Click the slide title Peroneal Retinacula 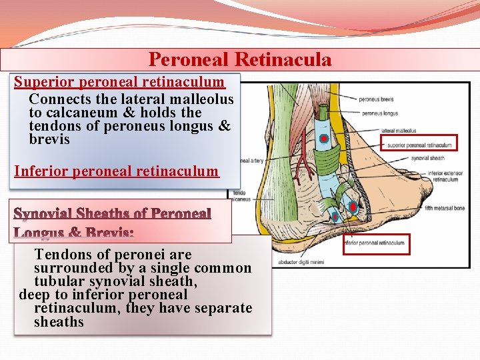[239, 60]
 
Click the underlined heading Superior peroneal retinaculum [119, 82]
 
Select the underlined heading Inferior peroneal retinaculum [116, 171]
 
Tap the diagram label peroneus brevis [376, 99]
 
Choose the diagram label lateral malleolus [399, 131]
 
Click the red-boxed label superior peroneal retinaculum [419, 143]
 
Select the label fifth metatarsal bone [445, 209]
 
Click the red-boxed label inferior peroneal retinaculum [376, 243]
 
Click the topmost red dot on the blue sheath [323, 138]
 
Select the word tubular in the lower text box [59, 281]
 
